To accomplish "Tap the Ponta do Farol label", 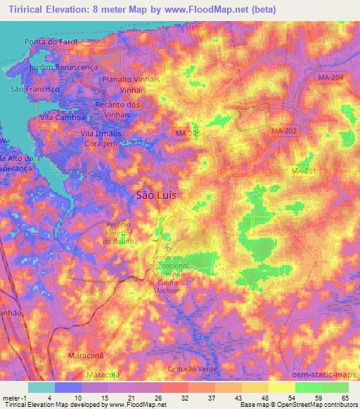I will coord(49,41).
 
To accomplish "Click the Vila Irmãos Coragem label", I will coord(103,138).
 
